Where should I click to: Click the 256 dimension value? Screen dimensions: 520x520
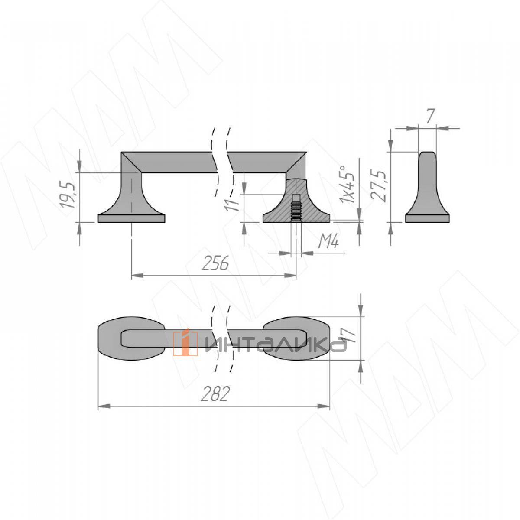[215, 263]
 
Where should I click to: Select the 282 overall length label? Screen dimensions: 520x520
[215, 394]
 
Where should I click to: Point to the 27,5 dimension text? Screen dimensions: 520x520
[378, 185]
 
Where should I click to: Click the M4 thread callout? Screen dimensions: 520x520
[328, 241]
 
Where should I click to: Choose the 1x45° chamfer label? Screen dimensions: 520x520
[347, 184]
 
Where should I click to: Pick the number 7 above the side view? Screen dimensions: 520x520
[431, 116]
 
